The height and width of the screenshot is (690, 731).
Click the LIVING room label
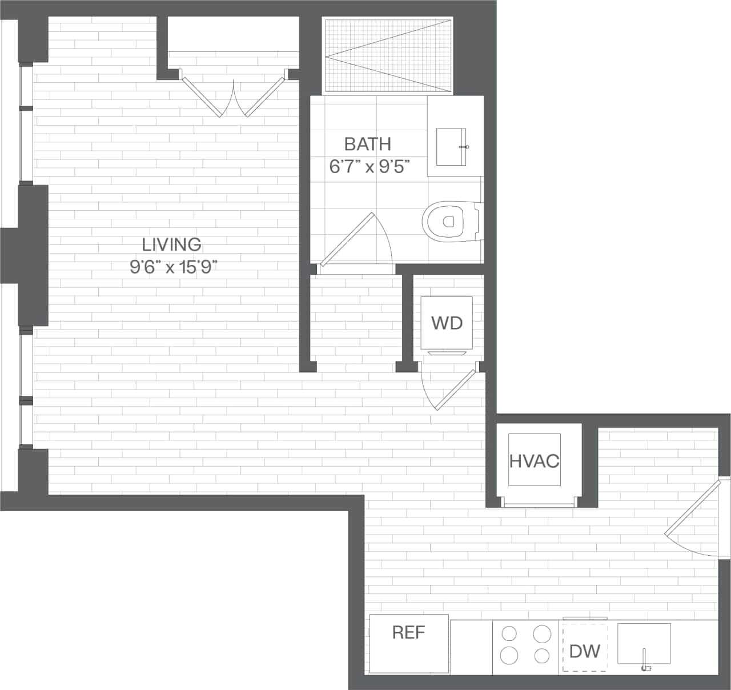click(x=171, y=244)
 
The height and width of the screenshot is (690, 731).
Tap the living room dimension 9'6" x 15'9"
click(x=173, y=267)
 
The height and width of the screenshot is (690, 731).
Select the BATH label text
click(x=368, y=144)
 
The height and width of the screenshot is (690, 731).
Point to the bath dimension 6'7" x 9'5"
click(x=369, y=167)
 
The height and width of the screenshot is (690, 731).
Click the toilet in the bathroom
click(x=451, y=220)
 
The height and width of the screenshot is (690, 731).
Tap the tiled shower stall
click(x=388, y=55)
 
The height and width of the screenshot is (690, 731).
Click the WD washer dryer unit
click(x=447, y=323)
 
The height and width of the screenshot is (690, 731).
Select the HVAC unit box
click(x=534, y=460)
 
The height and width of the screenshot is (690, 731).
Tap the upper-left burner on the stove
click(x=508, y=633)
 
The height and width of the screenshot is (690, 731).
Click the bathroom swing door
click(x=347, y=240)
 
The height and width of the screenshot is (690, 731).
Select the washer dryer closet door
click(x=455, y=390)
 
